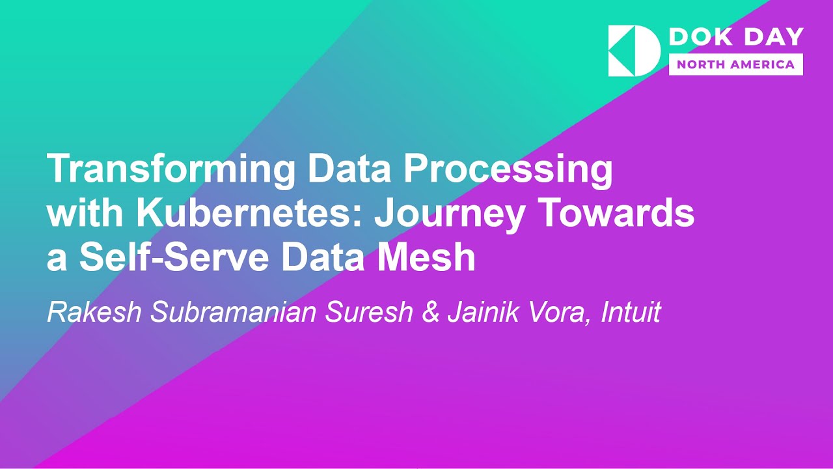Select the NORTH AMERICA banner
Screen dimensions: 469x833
click(x=735, y=64)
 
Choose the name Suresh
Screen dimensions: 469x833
click(x=369, y=313)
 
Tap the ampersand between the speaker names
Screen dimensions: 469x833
click(x=430, y=313)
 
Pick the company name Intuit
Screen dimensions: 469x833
click(x=631, y=313)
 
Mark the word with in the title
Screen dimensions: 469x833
click(x=77, y=215)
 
